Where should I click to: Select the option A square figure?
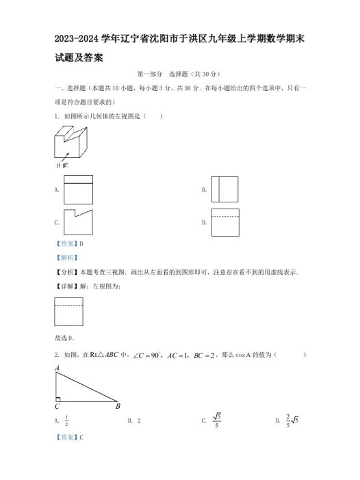(78, 189)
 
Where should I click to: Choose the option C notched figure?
(78, 222)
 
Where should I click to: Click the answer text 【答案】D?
(68, 244)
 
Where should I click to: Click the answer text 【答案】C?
(68, 437)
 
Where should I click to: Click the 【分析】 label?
(65, 272)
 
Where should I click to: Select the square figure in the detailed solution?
(68, 311)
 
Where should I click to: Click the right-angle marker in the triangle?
(60, 398)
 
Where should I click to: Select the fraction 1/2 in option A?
(66, 421)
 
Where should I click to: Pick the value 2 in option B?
(139, 421)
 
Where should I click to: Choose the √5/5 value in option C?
(217, 421)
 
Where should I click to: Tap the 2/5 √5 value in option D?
(291, 421)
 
